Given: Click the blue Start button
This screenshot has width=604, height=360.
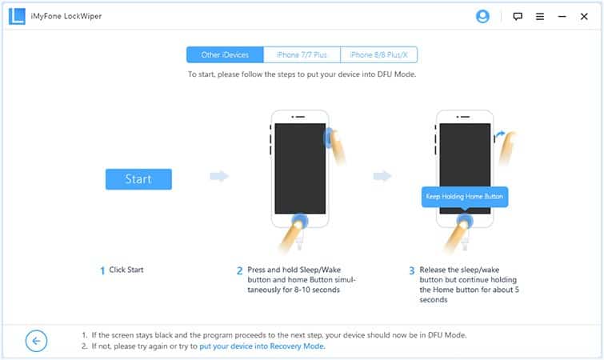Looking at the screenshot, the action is coord(138,179).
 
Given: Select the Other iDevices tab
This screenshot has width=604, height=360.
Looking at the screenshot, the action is coord(225,54).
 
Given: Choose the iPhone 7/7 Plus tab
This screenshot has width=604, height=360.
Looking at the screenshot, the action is coord(302,54).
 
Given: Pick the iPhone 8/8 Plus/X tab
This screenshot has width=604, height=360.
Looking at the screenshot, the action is coord(378,54).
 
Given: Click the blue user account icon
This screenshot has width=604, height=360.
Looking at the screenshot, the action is coord(482,17).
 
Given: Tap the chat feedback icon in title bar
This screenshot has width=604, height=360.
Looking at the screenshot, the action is coord(518,17).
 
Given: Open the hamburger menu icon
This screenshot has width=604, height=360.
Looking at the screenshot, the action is coord(540,17).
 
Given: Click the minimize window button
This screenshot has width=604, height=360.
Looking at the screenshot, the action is coord(562,17).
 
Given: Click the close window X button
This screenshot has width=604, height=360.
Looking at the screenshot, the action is coord(584,17).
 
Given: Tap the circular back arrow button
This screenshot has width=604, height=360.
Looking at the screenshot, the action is coord(36,341).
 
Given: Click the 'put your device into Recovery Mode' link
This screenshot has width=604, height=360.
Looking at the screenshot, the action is coord(262,346).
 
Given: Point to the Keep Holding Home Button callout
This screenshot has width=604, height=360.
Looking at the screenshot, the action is coord(465,197).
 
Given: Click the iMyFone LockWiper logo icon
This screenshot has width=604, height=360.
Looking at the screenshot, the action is coord(17,17).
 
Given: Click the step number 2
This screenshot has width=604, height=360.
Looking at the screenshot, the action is coord(239,270).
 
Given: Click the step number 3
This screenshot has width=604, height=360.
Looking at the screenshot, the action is coord(411,270).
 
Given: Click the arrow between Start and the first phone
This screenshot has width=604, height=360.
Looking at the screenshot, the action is coord(219,176).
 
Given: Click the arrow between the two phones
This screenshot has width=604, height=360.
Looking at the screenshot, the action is coord(382,176).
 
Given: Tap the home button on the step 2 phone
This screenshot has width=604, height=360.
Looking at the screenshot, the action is coord(300,222).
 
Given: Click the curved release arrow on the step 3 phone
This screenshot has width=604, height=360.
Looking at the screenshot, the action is coord(500,134).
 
